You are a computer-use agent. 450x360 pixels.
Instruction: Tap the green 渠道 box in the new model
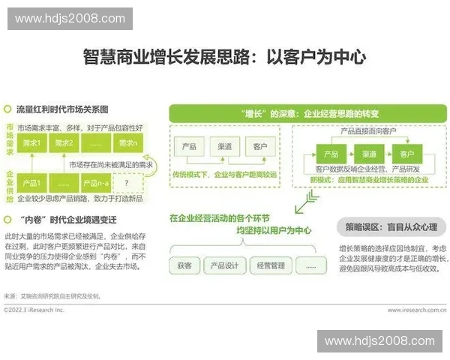click(x=368, y=154)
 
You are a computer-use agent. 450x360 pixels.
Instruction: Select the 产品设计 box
click(x=225, y=265)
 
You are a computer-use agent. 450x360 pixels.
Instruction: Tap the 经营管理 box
click(x=269, y=265)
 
